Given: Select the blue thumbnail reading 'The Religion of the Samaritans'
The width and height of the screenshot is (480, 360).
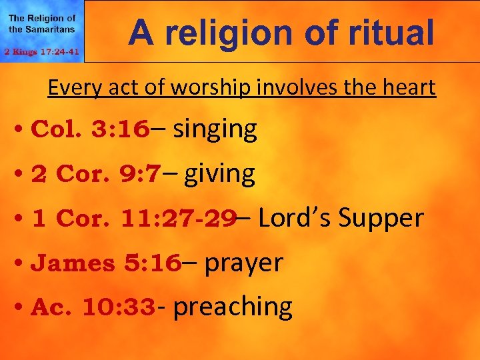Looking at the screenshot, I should click(x=42, y=31).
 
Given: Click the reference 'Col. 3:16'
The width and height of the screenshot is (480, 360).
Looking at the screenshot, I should click(x=90, y=129).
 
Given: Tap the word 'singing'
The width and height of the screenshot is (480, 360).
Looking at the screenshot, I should click(x=215, y=129).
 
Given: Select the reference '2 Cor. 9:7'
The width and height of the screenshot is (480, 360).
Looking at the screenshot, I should click(x=96, y=174).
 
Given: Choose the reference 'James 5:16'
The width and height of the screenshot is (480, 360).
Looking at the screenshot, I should click(x=106, y=263).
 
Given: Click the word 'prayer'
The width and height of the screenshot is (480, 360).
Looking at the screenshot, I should click(x=243, y=263).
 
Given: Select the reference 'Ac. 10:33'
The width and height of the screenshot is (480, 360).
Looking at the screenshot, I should click(x=94, y=307).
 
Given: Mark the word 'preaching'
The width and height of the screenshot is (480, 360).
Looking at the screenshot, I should click(x=233, y=307).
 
